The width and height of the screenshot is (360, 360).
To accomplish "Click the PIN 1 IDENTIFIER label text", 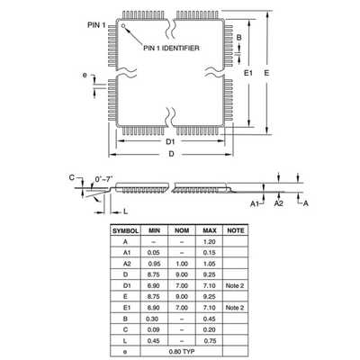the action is pos(171,48).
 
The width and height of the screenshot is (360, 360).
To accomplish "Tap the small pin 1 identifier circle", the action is pos(123,25).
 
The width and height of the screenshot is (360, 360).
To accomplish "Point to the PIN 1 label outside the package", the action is pos(96,25).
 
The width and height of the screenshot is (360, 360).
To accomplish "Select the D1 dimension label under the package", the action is pos(170,141).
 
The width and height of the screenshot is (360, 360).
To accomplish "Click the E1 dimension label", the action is pos(248,73).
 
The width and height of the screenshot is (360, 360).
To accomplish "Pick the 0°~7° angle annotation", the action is pos(103,179).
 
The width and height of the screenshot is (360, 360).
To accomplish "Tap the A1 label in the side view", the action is pos(255,204).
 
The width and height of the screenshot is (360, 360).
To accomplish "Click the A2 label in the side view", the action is pos(279,203).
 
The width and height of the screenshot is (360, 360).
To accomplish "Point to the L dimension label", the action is pos(126,211).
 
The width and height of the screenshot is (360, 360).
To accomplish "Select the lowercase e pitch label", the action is pos(85,75).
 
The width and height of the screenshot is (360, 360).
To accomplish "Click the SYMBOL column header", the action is pos(125,231).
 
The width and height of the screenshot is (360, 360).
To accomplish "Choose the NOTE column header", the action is pos(236,230).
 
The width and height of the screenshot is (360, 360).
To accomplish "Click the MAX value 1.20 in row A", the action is pos(209,242).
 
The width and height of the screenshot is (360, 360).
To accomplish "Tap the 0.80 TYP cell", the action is pos(182,352).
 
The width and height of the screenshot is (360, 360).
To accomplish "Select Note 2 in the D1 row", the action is pos(235,285).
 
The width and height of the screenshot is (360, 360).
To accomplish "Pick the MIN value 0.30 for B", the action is pos(152,319).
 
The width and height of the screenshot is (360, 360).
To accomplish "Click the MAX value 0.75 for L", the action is pos(210,341).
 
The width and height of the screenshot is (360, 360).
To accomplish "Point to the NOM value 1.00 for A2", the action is pos(182,264).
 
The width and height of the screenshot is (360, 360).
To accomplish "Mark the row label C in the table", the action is pos(125,329).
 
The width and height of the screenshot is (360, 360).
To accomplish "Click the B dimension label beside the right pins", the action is pos(239,38).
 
